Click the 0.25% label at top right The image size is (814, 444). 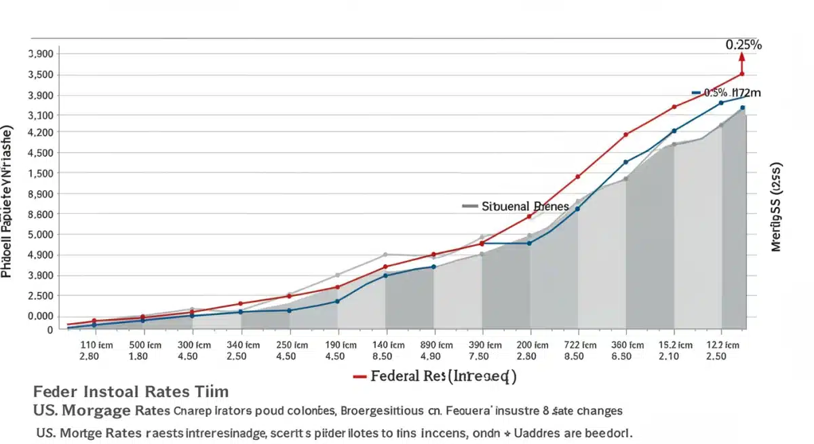(x=743, y=45)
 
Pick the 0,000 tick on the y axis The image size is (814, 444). (x=41, y=316)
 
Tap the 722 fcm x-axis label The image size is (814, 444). (x=579, y=344)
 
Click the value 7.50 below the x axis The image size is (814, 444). (x=482, y=356)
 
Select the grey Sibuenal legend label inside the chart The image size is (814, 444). (x=516, y=206)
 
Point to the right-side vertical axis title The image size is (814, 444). (x=777, y=207)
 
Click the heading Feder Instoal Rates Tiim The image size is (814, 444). (x=130, y=392)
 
